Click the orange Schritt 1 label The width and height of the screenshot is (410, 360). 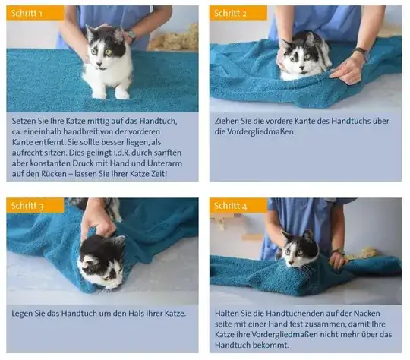[26, 14]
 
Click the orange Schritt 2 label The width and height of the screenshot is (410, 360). [229, 14]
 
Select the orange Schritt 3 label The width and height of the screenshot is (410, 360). [26, 206]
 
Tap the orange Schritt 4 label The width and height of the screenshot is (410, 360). [229, 206]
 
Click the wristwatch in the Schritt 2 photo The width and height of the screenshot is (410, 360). [363, 55]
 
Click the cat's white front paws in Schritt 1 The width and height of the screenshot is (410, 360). [110, 93]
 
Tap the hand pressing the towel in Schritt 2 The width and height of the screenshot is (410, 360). [348, 70]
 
